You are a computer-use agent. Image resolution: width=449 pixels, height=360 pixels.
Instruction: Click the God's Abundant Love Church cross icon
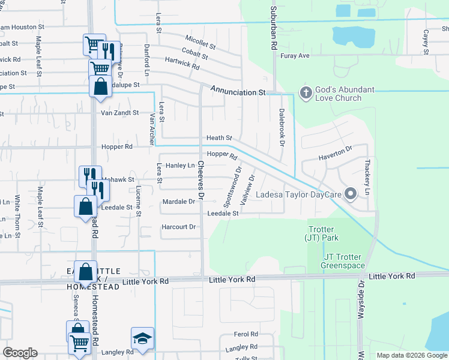305,94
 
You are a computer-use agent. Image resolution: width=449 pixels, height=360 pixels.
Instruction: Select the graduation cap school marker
142,338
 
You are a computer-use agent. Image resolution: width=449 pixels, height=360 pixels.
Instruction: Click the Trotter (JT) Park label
324,233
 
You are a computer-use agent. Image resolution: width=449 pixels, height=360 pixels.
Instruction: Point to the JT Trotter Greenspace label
343,262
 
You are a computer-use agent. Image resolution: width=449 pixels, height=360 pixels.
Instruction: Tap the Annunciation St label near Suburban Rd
237,91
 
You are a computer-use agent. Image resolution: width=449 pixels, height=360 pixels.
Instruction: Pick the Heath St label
218,138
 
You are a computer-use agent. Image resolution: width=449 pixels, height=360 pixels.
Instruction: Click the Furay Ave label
295,56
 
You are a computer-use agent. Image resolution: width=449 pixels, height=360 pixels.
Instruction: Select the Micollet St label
200,41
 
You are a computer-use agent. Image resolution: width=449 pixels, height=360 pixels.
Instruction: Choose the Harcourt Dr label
179,227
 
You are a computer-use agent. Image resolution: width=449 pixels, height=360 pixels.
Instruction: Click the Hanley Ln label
180,165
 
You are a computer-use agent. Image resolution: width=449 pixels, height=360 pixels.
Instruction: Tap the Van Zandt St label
119,112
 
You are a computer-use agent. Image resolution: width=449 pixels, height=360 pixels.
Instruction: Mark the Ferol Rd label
246,334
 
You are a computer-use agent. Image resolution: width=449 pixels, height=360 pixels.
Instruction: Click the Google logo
20,353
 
